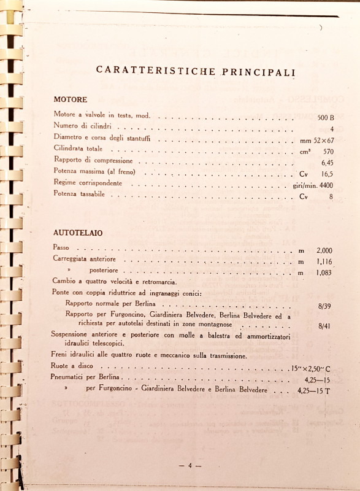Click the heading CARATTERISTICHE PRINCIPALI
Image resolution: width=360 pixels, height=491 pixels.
(x=196, y=70)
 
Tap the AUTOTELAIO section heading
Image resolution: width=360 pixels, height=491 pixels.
(x=77, y=234)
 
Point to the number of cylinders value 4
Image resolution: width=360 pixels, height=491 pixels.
(x=331, y=128)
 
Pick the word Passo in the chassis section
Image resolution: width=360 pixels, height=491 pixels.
(x=63, y=247)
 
